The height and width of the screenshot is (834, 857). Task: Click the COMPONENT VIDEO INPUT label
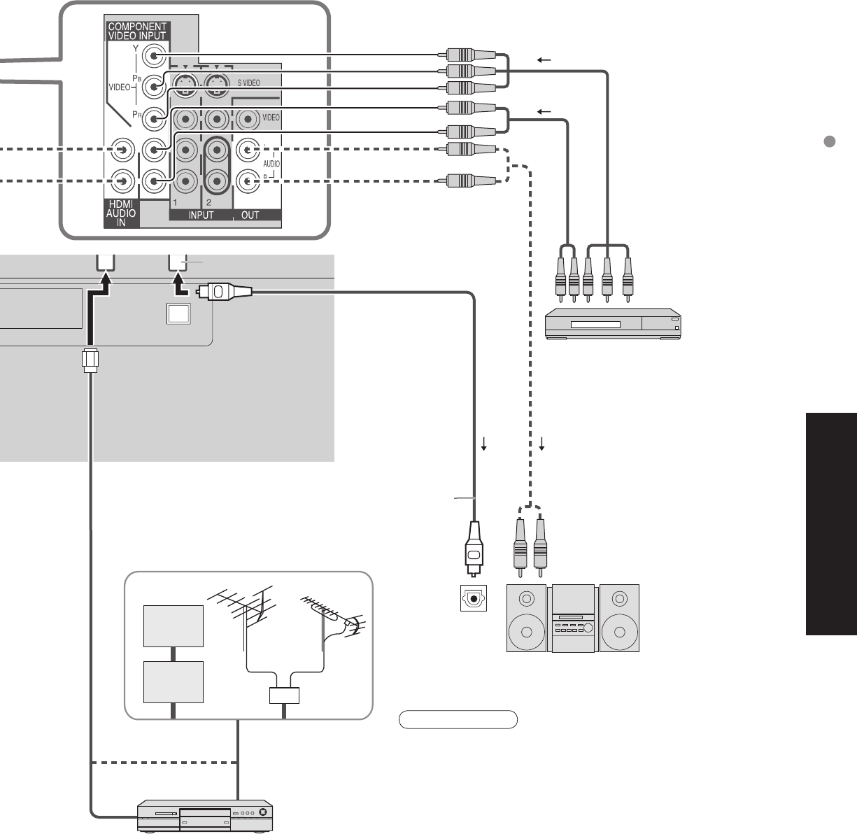point(137,31)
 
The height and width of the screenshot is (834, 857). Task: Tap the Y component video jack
point(154,55)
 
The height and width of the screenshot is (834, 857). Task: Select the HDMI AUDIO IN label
point(121,213)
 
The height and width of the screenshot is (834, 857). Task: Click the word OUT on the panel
point(250,215)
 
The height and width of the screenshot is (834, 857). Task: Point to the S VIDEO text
point(249,83)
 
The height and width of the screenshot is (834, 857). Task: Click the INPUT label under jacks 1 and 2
point(201,215)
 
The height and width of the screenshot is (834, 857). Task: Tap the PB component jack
point(154,87)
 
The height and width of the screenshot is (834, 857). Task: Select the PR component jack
point(154,118)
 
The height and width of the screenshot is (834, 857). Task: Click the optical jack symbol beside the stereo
point(474,598)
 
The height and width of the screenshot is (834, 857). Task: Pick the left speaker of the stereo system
point(526,619)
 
